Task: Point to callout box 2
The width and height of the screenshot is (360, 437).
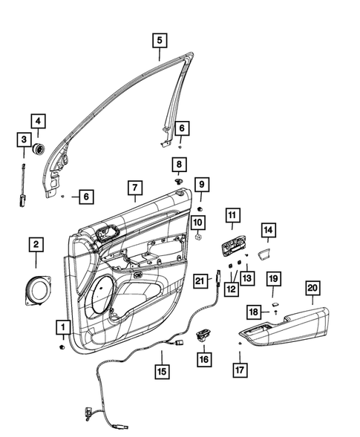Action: click(x=36, y=243)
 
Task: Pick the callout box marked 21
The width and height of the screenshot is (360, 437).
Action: click(x=199, y=280)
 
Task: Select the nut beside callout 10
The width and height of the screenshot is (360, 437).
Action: click(x=199, y=240)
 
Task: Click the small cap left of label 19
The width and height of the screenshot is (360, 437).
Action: click(x=274, y=303)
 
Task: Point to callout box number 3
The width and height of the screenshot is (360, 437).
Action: click(x=24, y=139)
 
